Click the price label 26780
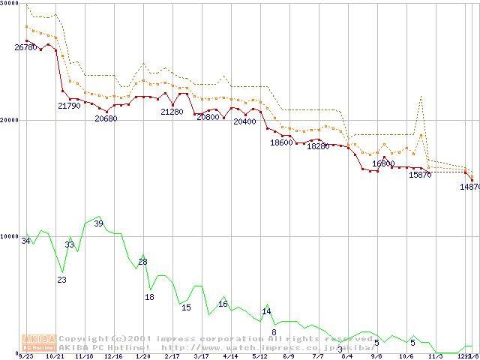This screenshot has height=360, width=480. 25,47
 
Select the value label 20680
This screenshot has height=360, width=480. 106,118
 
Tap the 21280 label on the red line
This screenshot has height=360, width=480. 172,112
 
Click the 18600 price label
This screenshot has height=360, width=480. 281,142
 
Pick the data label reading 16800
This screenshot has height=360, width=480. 383,163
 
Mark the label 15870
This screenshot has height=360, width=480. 420,175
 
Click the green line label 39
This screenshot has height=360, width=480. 98,223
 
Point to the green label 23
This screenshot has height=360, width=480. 62,280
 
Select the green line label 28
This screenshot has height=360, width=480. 142,262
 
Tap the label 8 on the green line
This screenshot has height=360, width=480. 274,331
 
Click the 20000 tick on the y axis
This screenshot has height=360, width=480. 9,120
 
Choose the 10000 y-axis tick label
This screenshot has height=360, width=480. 9,236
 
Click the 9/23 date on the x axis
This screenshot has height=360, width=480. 26,356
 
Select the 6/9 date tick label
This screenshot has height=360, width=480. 289,356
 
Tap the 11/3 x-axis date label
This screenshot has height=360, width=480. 435,356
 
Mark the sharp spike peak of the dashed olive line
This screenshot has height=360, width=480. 421,96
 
